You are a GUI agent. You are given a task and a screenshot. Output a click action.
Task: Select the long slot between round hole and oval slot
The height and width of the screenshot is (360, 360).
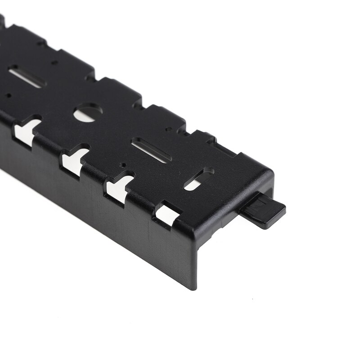(151, 150)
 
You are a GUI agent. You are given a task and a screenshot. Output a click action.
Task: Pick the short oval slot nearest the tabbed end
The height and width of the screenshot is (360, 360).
(198, 179)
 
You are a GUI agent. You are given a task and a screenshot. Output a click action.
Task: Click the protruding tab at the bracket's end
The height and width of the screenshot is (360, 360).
(263, 211)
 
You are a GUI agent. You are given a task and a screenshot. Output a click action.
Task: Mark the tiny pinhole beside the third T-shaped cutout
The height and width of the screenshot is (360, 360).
(123, 165)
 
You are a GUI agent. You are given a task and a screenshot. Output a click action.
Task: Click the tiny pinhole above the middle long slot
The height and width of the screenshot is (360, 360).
(167, 129)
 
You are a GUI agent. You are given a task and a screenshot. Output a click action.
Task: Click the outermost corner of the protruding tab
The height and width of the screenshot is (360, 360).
(284, 208)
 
